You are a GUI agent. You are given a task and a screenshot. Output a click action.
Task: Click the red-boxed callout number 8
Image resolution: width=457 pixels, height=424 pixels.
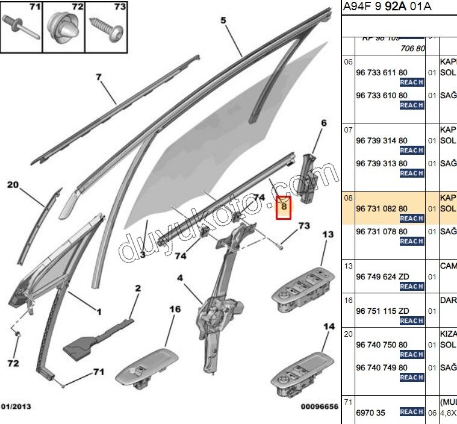coord(284,208)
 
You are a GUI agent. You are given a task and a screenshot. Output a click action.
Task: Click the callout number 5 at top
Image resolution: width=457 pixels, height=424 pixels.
coord(223,21)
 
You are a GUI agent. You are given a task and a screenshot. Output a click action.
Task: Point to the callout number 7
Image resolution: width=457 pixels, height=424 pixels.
coord(99,76)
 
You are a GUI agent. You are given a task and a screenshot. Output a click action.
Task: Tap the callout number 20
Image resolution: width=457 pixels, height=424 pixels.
coord(13,185)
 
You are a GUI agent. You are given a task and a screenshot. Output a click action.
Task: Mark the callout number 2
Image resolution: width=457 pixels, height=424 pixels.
coord(137,289)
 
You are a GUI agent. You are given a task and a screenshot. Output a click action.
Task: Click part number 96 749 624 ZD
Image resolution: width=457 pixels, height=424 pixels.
coord(382,276)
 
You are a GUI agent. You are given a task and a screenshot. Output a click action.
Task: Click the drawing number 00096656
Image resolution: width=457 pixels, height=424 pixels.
coord(319,407)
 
